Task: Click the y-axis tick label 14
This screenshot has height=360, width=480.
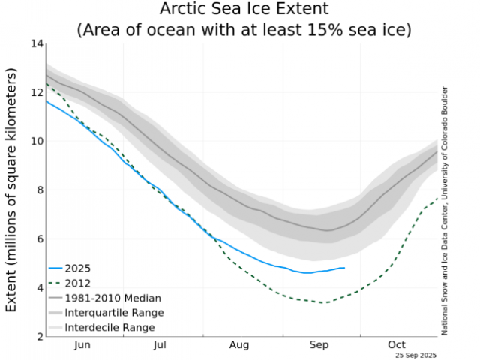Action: pos(35,43)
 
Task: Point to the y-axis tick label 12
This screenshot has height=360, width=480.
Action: pos(35,92)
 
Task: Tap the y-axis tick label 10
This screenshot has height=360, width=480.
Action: pos(35,141)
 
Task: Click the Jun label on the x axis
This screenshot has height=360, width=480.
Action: pos(82,345)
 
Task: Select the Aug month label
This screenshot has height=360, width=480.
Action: pos(239,345)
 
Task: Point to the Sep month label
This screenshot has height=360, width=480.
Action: pos(318,345)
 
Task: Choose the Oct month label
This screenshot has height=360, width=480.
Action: pos(397,345)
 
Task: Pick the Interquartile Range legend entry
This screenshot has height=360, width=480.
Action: pos(114,312)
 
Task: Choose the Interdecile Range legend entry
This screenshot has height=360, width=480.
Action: pos(109,327)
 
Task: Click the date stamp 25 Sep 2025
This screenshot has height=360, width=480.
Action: pos(416,354)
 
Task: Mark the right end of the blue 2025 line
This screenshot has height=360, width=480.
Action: pos(344,268)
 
